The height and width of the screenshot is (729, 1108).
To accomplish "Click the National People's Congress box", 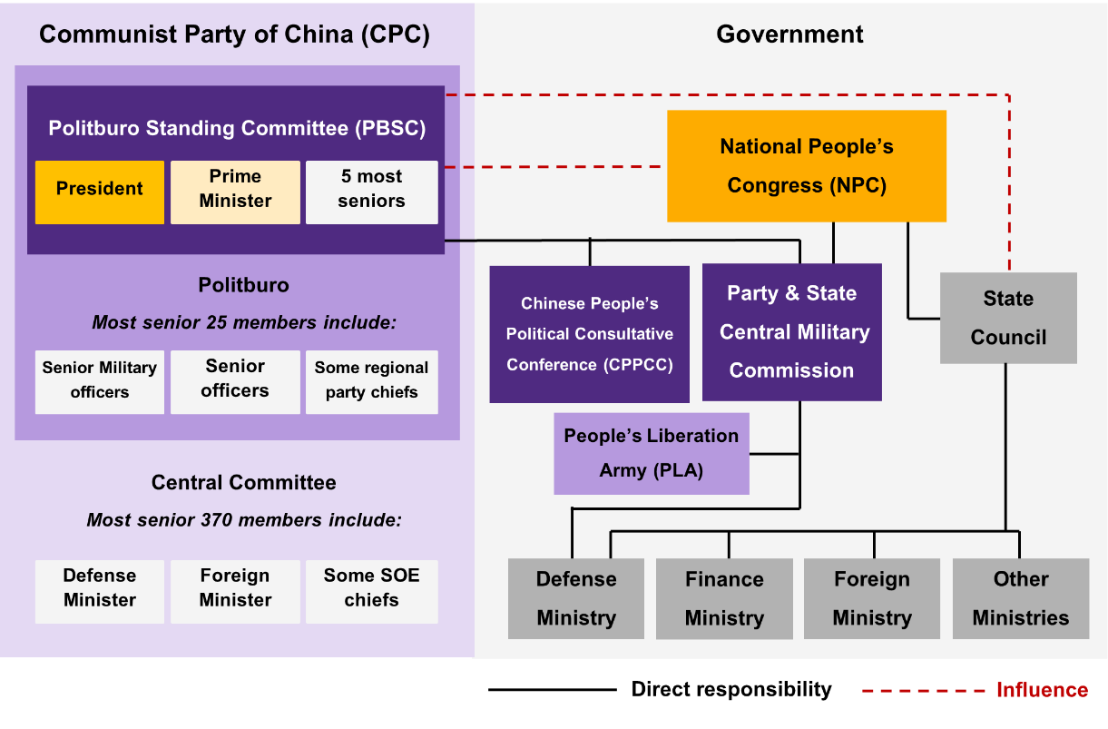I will pyautogui.click(x=806, y=166).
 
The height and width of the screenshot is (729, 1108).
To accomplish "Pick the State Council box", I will pyautogui.click(x=1008, y=318).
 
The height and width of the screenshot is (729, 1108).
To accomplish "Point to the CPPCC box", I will pyautogui.click(x=589, y=334).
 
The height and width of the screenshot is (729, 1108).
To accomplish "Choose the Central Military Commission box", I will pyautogui.click(x=791, y=332).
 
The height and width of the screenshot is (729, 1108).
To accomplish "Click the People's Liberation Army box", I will pyautogui.click(x=652, y=453).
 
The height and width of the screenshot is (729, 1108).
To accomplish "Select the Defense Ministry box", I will pyautogui.click(x=576, y=598).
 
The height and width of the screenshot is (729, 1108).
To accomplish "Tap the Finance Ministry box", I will pyautogui.click(x=724, y=598).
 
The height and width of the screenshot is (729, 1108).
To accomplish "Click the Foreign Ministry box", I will pyautogui.click(x=872, y=598).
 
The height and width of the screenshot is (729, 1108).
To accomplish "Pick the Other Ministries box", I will pyautogui.click(x=1021, y=598).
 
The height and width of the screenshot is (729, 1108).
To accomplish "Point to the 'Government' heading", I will pyautogui.click(x=789, y=34).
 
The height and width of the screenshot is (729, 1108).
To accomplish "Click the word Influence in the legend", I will pyautogui.click(x=1042, y=691).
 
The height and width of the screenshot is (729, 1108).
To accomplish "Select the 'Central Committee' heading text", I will pyautogui.click(x=243, y=482).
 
